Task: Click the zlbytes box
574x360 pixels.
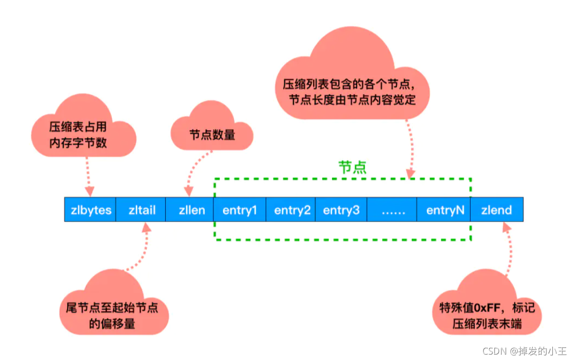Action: click(x=90, y=210)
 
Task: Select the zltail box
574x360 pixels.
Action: click(x=141, y=210)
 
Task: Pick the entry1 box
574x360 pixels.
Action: click(x=240, y=210)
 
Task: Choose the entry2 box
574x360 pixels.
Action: click(x=291, y=210)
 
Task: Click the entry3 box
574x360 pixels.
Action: click(x=341, y=210)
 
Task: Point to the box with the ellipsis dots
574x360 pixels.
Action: click(x=391, y=210)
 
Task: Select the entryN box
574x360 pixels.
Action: click(x=444, y=210)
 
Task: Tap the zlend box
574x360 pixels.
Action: click(x=496, y=210)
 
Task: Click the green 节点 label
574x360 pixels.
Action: click(x=352, y=167)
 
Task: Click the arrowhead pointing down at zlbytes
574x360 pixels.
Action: click(x=90, y=192)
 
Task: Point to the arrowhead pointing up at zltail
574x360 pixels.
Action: click(x=146, y=227)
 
